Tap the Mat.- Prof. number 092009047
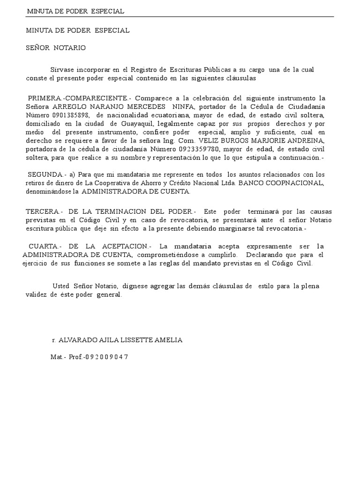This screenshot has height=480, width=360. pos(108,357)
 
